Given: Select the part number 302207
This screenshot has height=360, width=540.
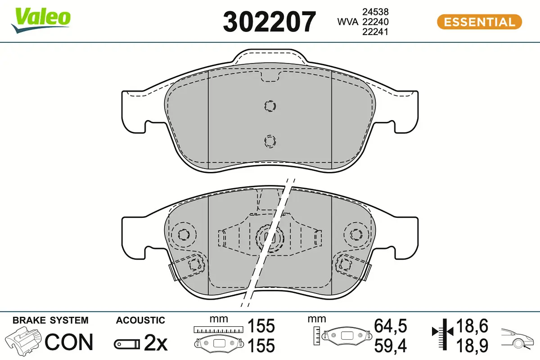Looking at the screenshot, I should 270,22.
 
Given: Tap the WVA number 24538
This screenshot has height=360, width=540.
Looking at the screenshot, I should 376,12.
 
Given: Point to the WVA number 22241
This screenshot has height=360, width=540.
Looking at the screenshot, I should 376,31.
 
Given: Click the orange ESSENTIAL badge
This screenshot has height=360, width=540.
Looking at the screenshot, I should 479,22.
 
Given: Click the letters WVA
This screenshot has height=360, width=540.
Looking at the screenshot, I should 348,22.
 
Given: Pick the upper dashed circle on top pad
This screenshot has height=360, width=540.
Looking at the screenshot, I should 270,106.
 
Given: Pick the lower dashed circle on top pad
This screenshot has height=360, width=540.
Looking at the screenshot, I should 270,141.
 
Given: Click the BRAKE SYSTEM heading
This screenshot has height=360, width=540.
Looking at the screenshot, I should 50,320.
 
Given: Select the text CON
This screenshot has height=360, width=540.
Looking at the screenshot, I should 69,342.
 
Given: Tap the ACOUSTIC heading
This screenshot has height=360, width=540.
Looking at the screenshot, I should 140,320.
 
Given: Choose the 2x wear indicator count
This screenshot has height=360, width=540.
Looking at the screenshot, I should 156,344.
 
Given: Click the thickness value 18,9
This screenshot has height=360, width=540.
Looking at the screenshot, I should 472,346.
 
